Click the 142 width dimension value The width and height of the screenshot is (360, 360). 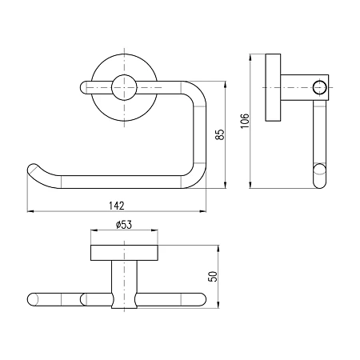pyautogui.click(x=117, y=206)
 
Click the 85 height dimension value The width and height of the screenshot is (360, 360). pyautogui.click(x=220, y=134)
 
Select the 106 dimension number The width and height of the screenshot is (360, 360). pyautogui.click(x=245, y=121)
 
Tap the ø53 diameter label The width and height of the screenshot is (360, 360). pyautogui.click(x=124, y=225)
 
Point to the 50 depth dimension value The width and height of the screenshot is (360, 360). pyautogui.click(x=213, y=277)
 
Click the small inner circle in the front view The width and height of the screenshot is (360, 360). pyautogui.click(x=124, y=87)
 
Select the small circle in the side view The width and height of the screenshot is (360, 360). pyautogui.click(x=319, y=87)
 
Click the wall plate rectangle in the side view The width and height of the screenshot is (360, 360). pyautogui.click(x=273, y=87)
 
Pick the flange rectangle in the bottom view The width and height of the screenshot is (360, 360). pyautogui.click(x=124, y=253)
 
